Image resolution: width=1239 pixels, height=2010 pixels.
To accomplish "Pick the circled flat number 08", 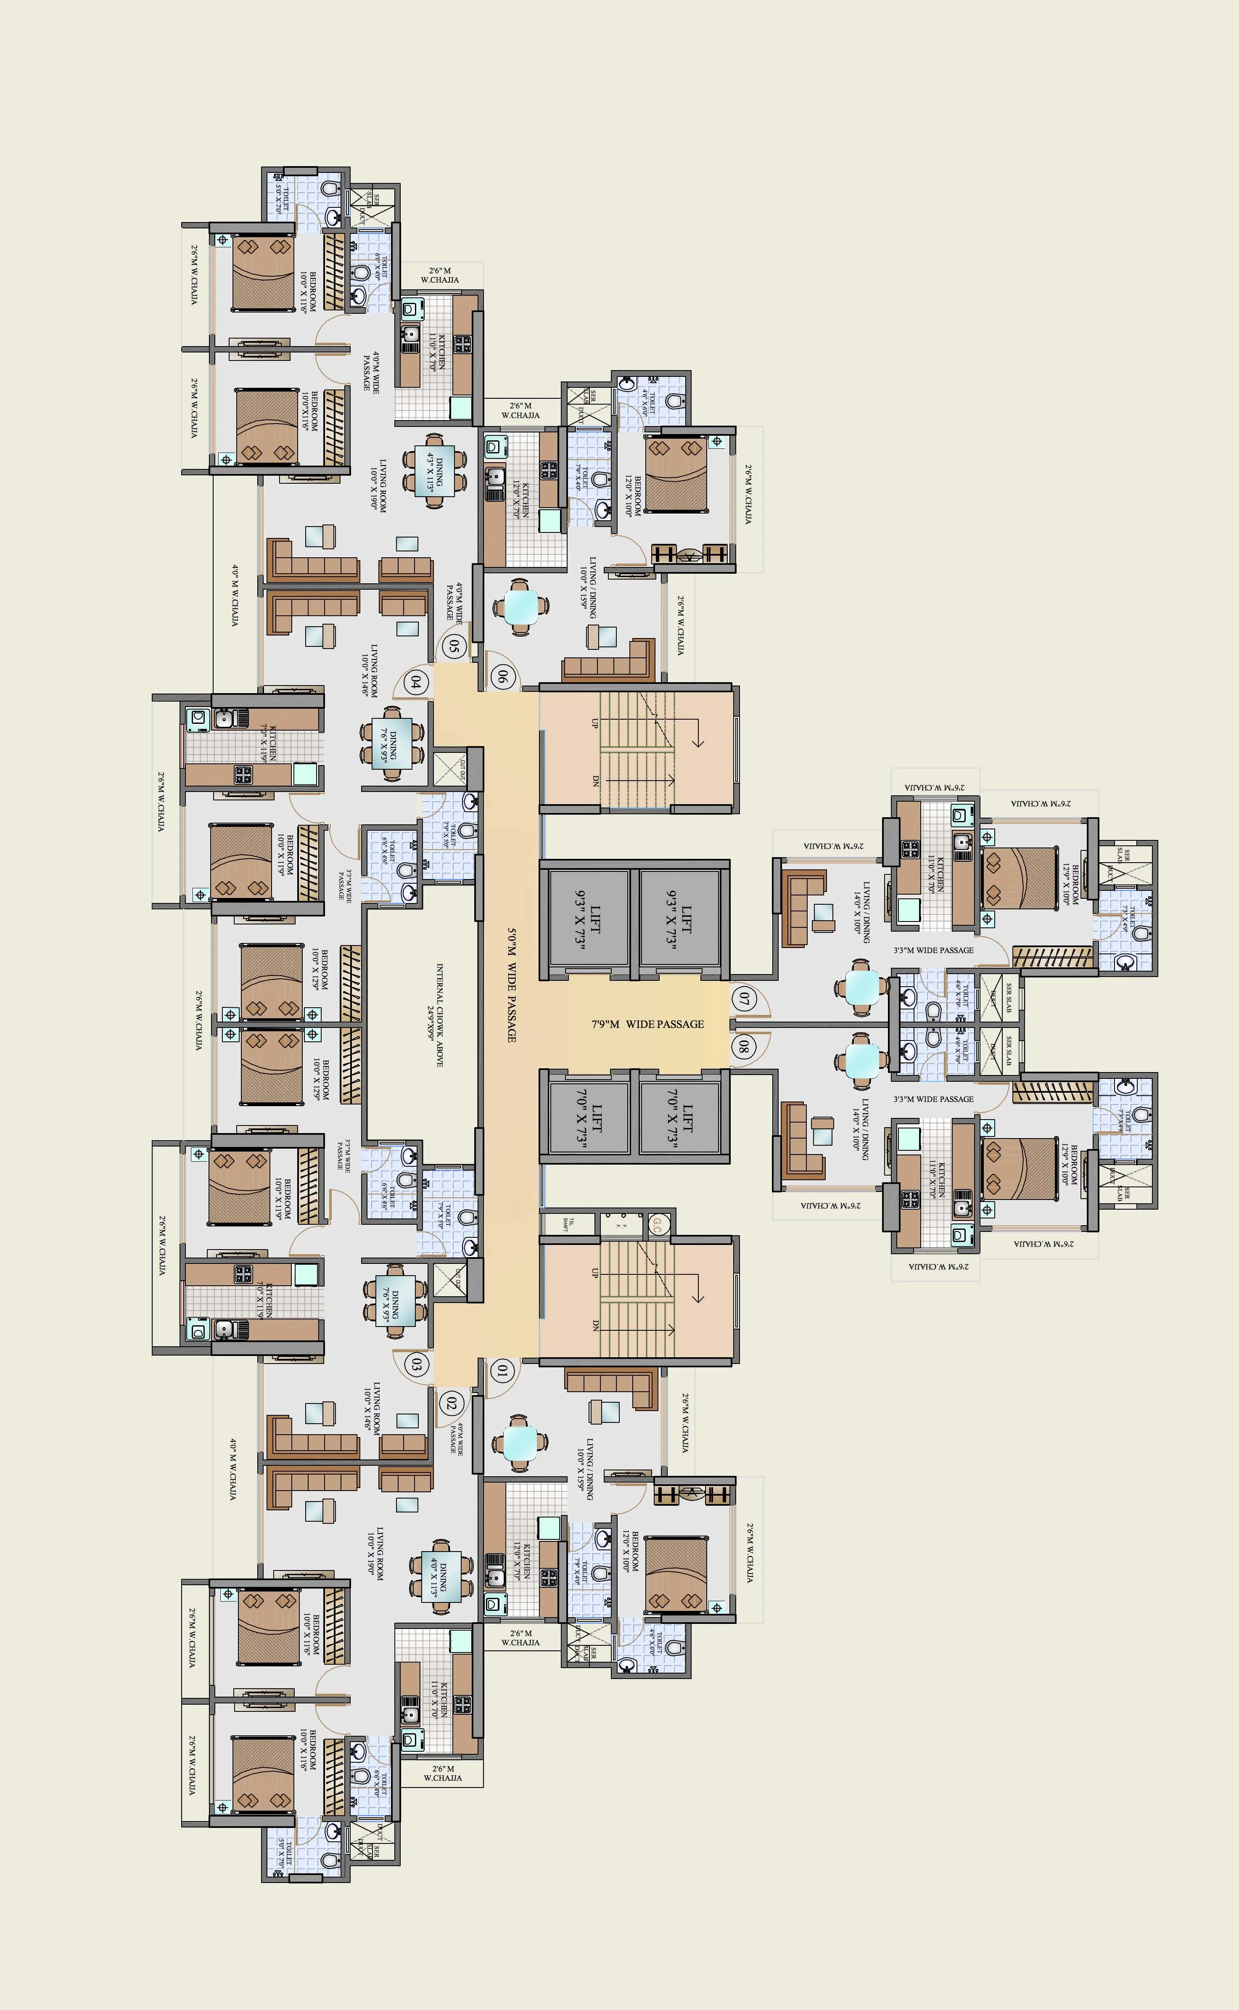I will (x=743, y=1046).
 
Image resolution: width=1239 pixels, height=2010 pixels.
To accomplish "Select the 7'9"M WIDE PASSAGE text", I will (x=647, y=1024).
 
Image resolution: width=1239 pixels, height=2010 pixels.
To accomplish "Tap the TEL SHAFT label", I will (x=568, y=1224).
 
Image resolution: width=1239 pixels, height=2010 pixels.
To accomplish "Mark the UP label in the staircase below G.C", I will (x=595, y=1273).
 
